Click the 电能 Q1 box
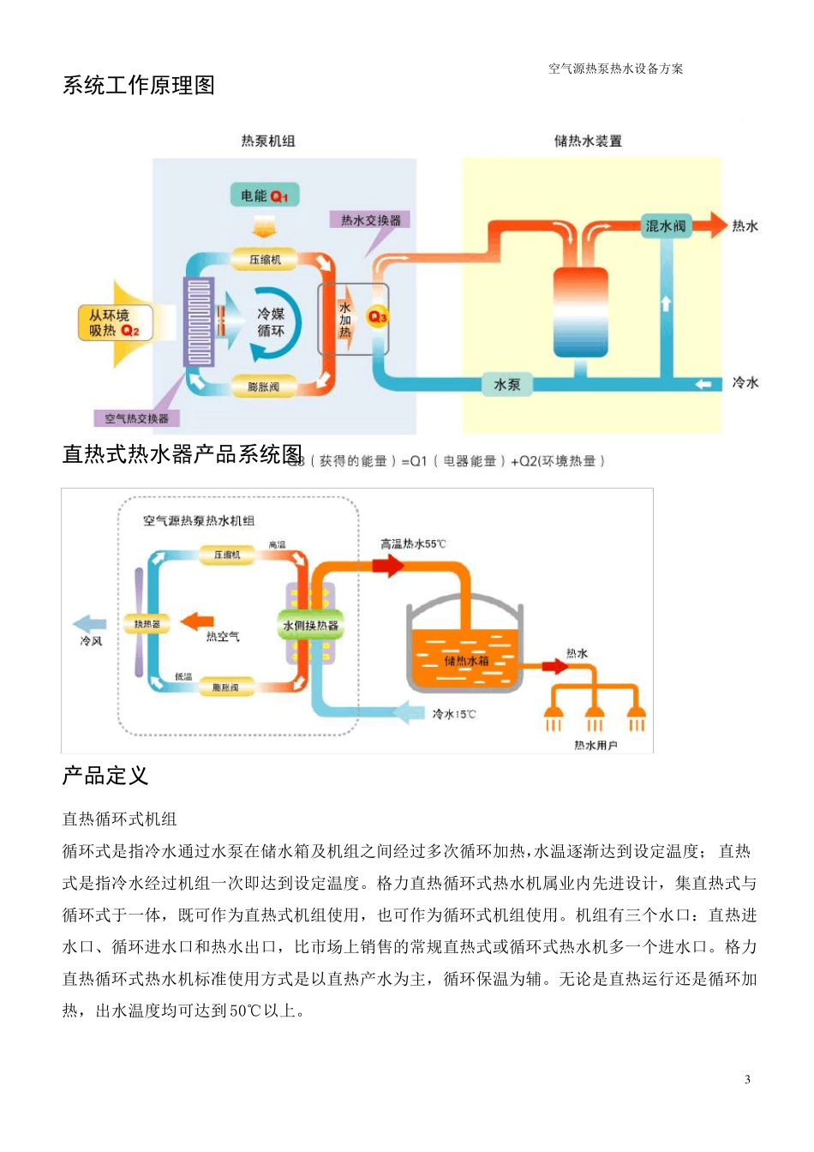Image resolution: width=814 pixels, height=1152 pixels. click(264, 196)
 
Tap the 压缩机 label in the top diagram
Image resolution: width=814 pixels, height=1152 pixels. click(265, 259)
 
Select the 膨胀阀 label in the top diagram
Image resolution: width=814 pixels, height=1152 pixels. click(264, 387)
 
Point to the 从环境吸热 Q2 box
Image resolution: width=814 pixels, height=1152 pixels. click(115, 323)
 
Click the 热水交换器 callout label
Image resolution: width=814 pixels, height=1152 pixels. click(370, 220)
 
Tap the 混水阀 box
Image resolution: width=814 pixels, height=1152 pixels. click(666, 226)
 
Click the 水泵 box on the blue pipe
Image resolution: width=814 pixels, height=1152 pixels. click(507, 385)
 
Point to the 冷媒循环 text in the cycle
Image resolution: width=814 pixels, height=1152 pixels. click(271, 322)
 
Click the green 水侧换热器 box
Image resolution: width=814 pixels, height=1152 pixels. click(311, 626)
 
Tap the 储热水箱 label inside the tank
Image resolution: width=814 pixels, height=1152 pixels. click(466, 660)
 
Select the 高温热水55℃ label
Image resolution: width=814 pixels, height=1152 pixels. click(413, 544)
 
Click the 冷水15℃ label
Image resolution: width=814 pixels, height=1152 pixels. click(454, 714)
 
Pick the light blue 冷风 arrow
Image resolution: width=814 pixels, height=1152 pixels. click(89, 624)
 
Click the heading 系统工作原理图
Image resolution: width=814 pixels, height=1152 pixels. click(139, 86)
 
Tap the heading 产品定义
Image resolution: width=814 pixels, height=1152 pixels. click(105, 776)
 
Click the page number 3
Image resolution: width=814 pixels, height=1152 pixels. click(747, 1079)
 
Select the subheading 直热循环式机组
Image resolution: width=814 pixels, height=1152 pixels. click(119, 819)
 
